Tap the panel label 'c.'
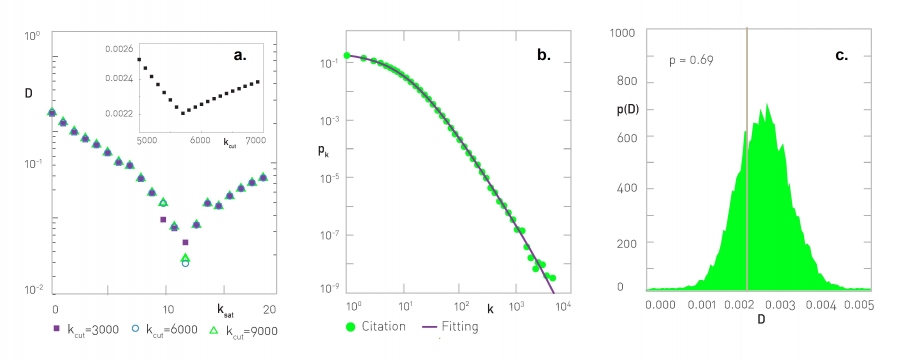pyautogui.click(x=839, y=57)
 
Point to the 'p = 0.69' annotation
pyautogui.click(x=689, y=61)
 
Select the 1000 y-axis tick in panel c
pyautogui.click(x=623, y=33)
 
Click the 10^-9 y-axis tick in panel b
pyautogui.click(x=324, y=288)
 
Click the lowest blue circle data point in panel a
pyautogui.click(x=185, y=263)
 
